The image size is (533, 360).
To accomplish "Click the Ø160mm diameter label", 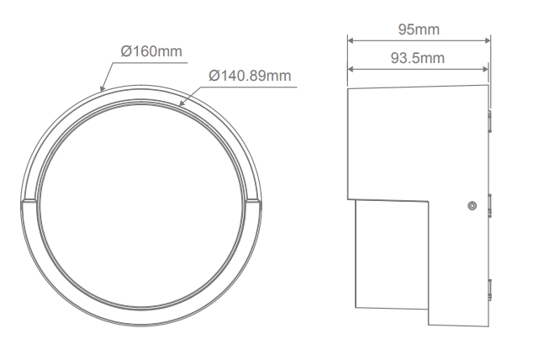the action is (x=151, y=51).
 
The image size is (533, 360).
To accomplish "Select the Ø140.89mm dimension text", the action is (x=250, y=76).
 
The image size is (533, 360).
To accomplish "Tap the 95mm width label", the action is (x=419, y=29).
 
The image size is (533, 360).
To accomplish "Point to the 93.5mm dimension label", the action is (x=418, y=58).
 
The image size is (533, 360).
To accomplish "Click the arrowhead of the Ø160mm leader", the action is (x=103, y=88).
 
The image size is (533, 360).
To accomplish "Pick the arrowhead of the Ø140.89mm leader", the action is (x=182, y=103).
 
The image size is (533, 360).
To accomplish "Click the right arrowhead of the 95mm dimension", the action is (x=487, y=40).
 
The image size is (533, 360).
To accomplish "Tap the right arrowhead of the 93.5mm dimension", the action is (x=485, y=69).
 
